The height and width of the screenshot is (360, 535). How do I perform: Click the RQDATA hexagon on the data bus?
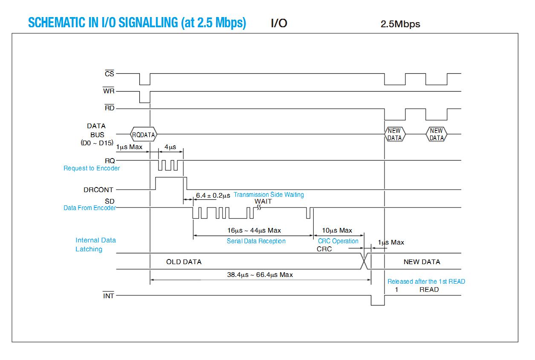point(144,134)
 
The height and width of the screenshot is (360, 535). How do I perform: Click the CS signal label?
point(110,74)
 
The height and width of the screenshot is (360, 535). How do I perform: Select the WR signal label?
point(109,91)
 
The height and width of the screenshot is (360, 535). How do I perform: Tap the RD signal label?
point(110,108)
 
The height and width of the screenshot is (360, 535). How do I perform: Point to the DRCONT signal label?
point(98,190)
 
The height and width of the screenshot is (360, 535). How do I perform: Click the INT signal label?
point(108,296)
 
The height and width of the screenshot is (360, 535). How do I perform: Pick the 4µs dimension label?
point(170,147)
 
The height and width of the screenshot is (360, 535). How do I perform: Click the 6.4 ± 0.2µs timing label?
point(213,196)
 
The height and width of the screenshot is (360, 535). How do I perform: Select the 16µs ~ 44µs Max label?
point(254,230)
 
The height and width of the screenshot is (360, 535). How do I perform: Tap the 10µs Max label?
point(337,230)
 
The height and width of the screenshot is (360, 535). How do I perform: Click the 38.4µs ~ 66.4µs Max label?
point(260,275)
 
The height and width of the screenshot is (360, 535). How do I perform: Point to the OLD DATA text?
point(184,262)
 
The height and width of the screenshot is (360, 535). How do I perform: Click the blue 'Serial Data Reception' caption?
point(256,241)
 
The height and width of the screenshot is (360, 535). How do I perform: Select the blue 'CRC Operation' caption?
point(338,241)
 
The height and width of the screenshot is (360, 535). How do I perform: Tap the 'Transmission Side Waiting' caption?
point(269,195)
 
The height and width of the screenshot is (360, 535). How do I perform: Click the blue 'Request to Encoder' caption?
point(92,168)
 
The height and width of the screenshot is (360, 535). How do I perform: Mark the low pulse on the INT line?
point(378,300)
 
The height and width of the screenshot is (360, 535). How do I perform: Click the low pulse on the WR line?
point(145,97)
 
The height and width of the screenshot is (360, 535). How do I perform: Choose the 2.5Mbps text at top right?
point(400,24)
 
